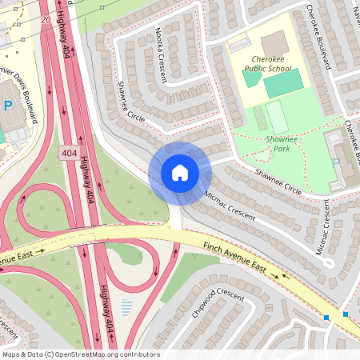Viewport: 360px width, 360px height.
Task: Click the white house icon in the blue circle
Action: point(179,172)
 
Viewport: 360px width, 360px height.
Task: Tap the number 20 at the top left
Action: point(45,18)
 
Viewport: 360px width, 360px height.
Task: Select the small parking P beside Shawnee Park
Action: point(336,162)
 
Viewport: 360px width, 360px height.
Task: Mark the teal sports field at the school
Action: point(283,83)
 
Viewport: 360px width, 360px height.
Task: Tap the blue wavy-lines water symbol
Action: point(126,306)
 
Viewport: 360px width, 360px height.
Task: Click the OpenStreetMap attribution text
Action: point(81,354)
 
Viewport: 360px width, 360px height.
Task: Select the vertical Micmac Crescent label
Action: point(323,235)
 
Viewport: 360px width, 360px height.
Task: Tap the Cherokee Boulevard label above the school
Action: point(317,35)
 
